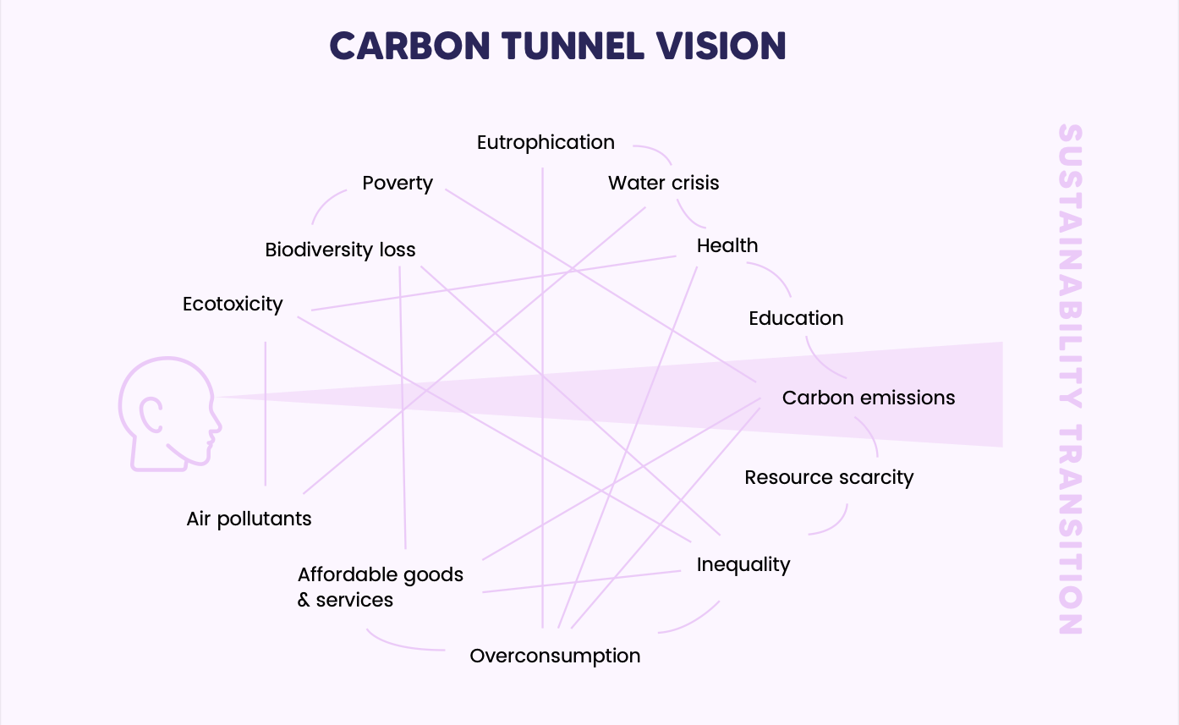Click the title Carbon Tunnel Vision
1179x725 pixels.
(x=557, y=46)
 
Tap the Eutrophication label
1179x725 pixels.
(x=546, y=142)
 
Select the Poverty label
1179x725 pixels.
(x=398, y=183)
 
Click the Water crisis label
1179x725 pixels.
(x=663, y=183)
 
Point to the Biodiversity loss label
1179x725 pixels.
(x=340, y=250)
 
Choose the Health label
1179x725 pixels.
(x=727, y=245)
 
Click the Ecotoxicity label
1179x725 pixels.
(x=233, y=304)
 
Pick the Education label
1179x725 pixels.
(x=796, y=318)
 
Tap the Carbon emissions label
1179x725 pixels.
(x=868, y=398)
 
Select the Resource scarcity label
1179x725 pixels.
(x=829, y=477)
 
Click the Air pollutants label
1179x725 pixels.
(x=249, y=519)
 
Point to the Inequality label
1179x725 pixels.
(x=743, y=564)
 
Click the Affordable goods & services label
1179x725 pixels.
(x=380, y=587)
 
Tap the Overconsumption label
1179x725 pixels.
(x=555, y=656)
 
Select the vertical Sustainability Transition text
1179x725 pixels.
(x=1070, y=380)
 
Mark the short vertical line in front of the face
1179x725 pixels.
(x=266, y=414)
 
